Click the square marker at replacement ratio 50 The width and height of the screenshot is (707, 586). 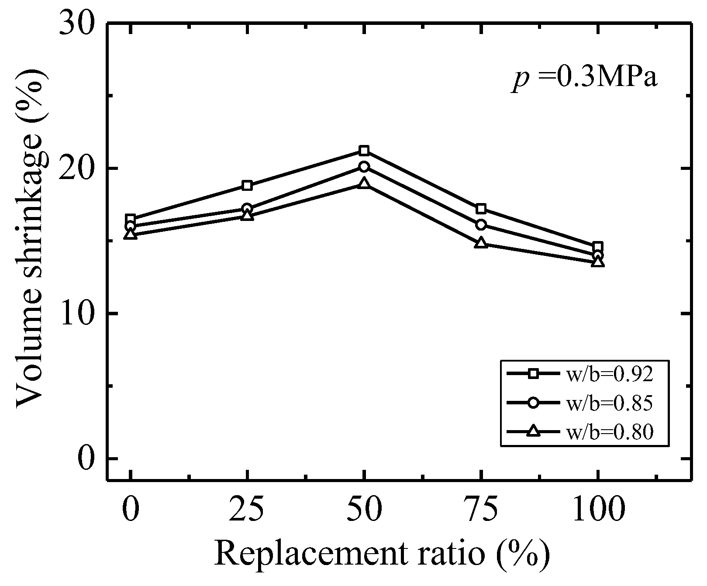coord(364,151)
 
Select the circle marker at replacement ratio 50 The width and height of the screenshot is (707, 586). coord(364,166)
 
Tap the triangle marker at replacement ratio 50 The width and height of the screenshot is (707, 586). coord(364,183)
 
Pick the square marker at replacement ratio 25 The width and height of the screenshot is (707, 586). coord(247,185)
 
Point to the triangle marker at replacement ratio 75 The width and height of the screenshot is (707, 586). coord(481,243)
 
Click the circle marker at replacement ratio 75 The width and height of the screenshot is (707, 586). coord(481,224)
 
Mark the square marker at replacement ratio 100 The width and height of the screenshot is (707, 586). coord(598,247)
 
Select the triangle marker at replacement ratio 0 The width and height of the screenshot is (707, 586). coord(131,234)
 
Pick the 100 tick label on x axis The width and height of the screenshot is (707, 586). coord(597,510)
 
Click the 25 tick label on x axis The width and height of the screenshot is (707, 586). coord(247,510)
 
